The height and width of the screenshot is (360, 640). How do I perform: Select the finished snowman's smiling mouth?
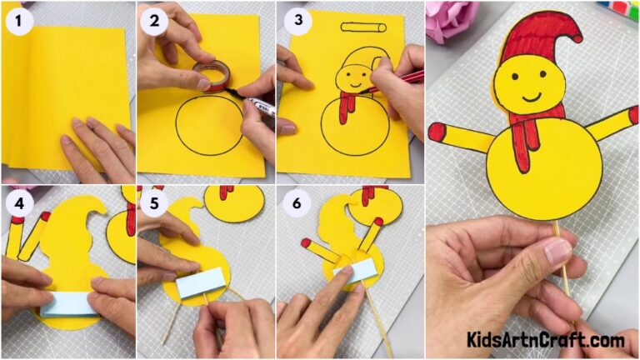coord(527,93)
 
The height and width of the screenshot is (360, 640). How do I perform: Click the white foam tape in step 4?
coord(68,303)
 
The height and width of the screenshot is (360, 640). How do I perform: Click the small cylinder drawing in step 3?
coord(364,28)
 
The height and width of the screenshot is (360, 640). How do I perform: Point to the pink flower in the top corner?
coord(450,21)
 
